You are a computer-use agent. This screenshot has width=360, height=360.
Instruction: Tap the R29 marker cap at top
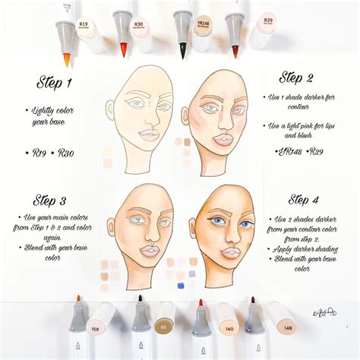coord(267,21)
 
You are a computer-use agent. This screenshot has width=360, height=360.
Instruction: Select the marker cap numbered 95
coord(162,329)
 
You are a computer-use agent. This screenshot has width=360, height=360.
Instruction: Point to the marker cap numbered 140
coord(226,329)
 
